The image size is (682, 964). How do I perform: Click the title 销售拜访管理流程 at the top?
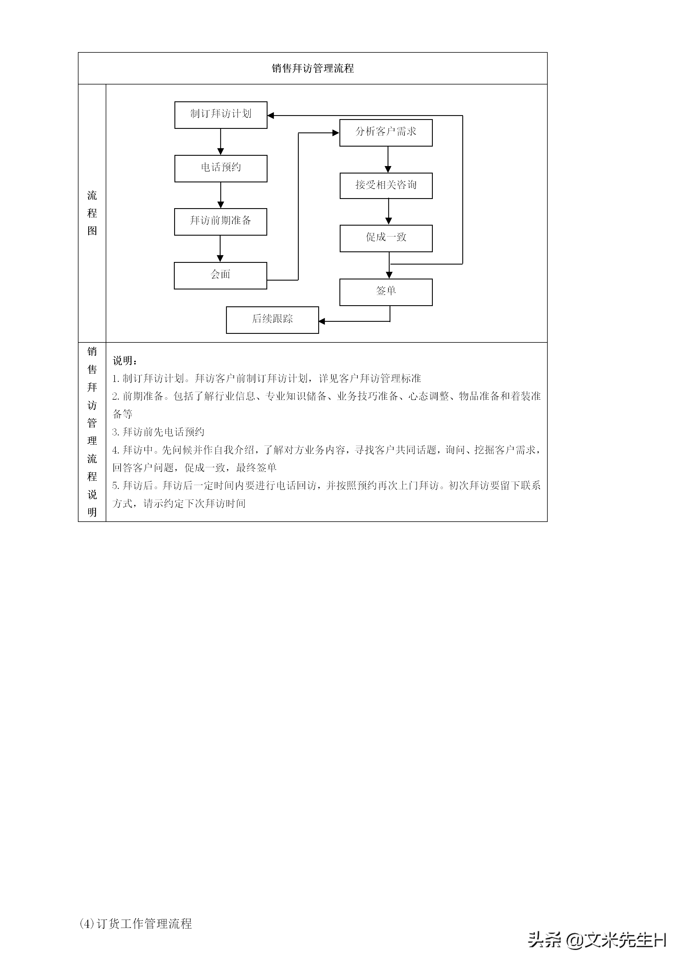tap(312, 68)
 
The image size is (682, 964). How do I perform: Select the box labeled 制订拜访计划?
tap(221, 115)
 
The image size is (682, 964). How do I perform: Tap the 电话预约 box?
tap(221, 168)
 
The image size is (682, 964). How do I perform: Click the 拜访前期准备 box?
tap(221, 222)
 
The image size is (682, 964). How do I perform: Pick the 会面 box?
tap(221, 275)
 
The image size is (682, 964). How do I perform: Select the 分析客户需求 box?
tap(386, 133)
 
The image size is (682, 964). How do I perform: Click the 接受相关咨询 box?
tap(386, 186)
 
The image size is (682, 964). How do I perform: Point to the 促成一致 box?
tap(386, 238)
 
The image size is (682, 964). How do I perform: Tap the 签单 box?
tap(386, 292)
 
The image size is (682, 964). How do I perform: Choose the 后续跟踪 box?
tap(272, 320)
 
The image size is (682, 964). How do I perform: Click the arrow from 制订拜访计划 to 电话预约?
tap(221, 142)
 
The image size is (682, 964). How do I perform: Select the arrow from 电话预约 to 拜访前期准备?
tap(221, 195)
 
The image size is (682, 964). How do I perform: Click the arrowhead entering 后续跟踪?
tap(322, 322)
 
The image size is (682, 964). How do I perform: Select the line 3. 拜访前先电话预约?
tap(158, 432)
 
